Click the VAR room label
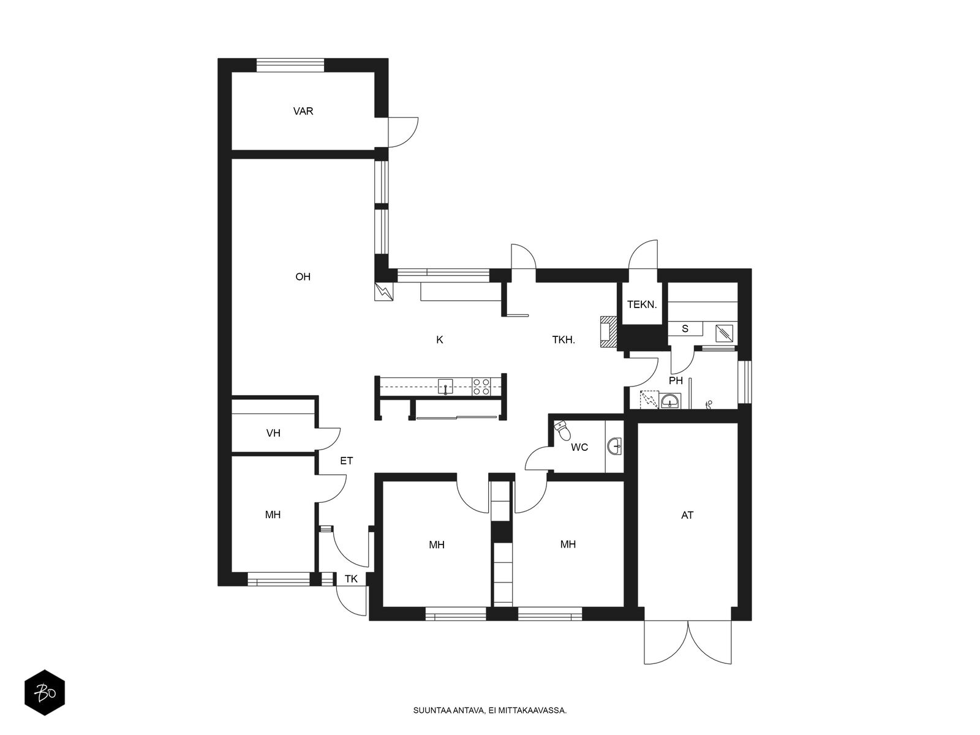pyautogui.click(x=303, y=111)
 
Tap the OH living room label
pyautogui.click(x=303, y=277)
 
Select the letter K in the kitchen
pyautogui.click(x=439, y=340)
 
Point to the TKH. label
pyautogui.click(x=563, y=340)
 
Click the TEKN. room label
pyautogui.click(x=641, y=305)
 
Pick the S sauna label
pyautogui.click(x=685, y=329)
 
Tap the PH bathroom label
pyautogui.click(x=676, y=380)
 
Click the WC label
pyautogui.click(x=579, y=447)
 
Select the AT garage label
pyautogui.click(x=687, y=516)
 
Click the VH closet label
pyautogui.click(x=273, y=433)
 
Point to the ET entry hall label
pyautogui.click(x=347, y=461)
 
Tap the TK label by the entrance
pyautogui.click(x=351, y=579)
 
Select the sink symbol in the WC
pyautogui.click(x=615, y=446)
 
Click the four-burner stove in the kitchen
pyautogui.click(x=481, y=386)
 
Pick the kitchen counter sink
pyautogui.click(x=445, y=386)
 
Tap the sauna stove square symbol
pyautogui.click(x=724, y=333)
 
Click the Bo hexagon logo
pyautogui.click(x=45, y=692)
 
